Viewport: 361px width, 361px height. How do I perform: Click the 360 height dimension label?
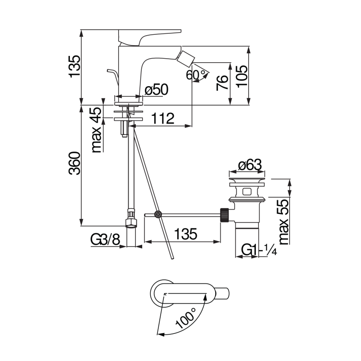74,163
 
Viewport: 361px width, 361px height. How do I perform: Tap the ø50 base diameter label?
156,90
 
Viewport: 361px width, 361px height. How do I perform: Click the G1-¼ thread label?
257,250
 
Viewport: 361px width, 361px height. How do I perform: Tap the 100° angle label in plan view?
185,315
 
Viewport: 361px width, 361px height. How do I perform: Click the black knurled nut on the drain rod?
224,214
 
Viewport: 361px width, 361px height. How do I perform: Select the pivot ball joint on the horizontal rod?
158,215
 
